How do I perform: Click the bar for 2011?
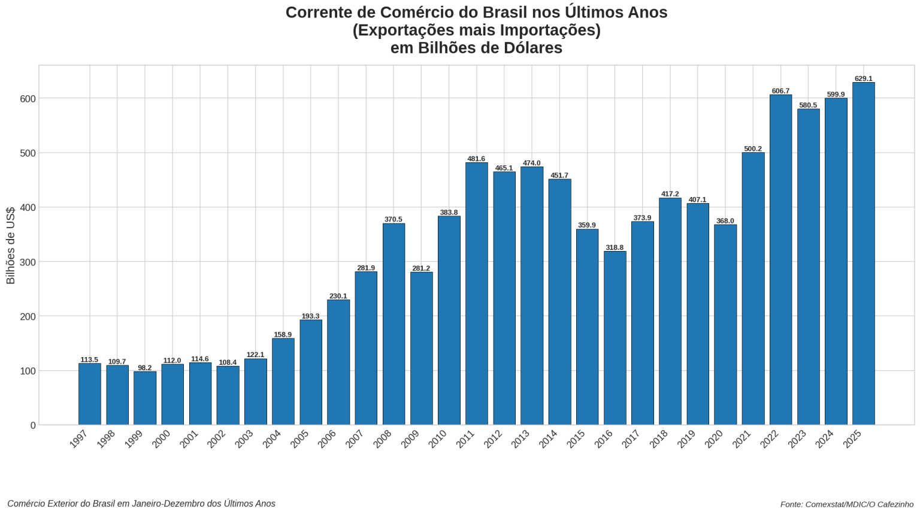(x=476, y=294)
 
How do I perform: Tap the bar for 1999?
(x=145, y=398)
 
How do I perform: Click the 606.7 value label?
(x=780, y=91)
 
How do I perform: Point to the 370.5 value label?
(x=394, y=220)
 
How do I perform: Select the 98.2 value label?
(x=145, y=368)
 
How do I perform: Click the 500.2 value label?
(x=753, y=149)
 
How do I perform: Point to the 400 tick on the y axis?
(x=28, y=207)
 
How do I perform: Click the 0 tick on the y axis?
(x=33, y=425)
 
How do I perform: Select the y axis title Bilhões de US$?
(x=11, y=246)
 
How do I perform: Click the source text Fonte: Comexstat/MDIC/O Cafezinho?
(x=846, y=504)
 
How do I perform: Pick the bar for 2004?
(x=283, y=382)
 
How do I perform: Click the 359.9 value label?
(x=586, y=225)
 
